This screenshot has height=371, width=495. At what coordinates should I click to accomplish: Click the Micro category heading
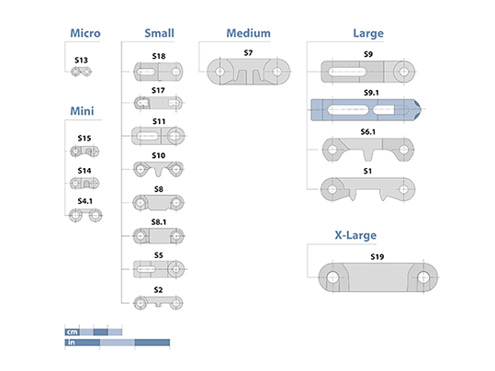[x=85, y=33]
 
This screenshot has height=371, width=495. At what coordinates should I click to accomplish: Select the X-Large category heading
[x=355, y=235]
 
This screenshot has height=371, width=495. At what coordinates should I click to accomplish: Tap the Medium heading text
[x=249, y=33]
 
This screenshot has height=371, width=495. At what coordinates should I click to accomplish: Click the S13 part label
[x=81, y=60]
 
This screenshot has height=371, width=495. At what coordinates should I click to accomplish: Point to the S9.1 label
[x=371, y=93]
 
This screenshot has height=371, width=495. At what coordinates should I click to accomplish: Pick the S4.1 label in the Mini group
[x=84, y=201]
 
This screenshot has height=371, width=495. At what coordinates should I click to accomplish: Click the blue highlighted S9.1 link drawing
[x=366, y=110]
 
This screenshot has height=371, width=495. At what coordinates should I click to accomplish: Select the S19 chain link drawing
[x=377, y=277]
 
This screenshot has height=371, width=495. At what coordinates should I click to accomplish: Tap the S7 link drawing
[x=249, y=72]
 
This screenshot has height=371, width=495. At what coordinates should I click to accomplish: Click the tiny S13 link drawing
[x=81, y=72]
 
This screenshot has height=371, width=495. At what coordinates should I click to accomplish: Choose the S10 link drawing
[x=158, y=170]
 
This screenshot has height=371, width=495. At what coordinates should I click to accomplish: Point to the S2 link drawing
[x=158, y=303]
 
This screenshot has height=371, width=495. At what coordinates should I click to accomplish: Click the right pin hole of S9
[x=404, y=72]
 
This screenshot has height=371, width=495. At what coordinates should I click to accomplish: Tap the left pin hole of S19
[x=332, y=277]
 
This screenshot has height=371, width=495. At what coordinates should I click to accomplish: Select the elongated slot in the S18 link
[x=147, y=72]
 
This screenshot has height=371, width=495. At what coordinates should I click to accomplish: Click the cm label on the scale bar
[x=72, y=332]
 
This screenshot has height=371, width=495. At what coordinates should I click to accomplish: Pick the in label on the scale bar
[x=72, y=343]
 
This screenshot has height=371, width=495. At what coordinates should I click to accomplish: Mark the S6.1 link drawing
[x=367, y=149]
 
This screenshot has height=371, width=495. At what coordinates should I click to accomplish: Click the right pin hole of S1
[x=404, y=189]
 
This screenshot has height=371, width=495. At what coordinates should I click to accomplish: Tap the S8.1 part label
[x=159, y=222]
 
